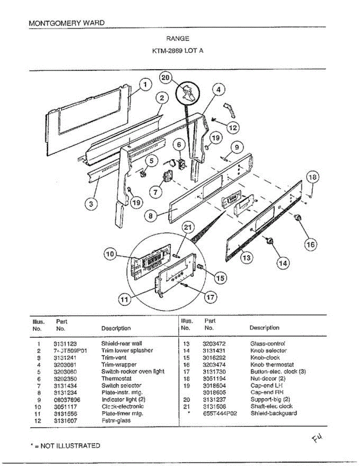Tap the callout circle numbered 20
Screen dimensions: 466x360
pyautogui.click(x=166, y=78)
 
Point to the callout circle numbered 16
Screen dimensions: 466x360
pyautogui.click(x=311, y=244)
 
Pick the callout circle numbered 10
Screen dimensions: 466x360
pyautogui.click(x=110, y=254)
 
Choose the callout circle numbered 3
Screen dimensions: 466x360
pyautogui.click(x=91, y=204)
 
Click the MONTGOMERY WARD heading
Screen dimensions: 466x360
pyautogui.click(x=67, y=23)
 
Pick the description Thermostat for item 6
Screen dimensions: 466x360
pyautogui.click(x=117, y=379)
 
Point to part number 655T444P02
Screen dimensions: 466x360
pyautogui.click(x=220, y=413)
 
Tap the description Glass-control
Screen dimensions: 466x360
pyautogui.click(x=268, y=344)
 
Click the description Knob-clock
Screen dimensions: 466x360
pyautogui.click(x=265, y=358)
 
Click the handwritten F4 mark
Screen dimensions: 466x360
pyautogui.click(x=317, y=439)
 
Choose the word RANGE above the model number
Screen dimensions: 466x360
pyautogui.click(x=178, y=39)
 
